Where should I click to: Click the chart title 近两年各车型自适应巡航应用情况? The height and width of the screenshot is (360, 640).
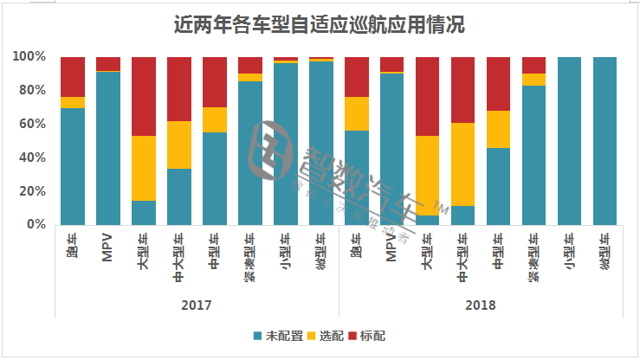pyautogui.click(x=320, y=24)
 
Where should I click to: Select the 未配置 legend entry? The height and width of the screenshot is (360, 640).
pyautogui.click(x=275, y=335)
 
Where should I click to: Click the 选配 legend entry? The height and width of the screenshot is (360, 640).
pyautogui.click(x=324, y=335)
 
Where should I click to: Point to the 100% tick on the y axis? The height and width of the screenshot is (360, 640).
pyautogui.click(x=29, y=57)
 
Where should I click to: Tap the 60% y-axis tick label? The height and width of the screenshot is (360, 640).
pyautogui.click(x=33, y=124)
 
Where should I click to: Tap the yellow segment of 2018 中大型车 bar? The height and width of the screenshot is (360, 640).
pyautogui.click(x=463, y=164)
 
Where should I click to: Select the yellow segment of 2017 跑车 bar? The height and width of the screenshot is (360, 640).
pyautogui.click(x=73, y=102)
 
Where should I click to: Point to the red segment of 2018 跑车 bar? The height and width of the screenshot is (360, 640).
pyautogui.click(x=357, y=77)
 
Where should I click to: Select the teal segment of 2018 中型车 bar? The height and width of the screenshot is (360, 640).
pyautogui.click(x=499, y=186)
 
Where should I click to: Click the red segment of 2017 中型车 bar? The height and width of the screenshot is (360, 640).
pyautogui.click(x=215, y=82)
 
